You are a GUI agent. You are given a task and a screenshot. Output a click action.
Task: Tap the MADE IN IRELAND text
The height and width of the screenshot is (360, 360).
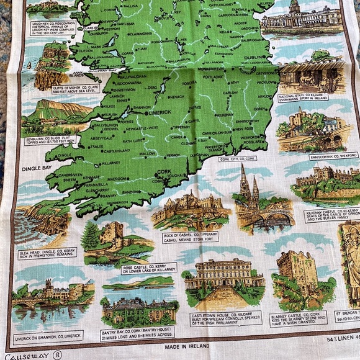pos(188,346)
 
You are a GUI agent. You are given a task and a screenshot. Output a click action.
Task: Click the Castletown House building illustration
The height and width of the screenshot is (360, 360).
pos(223,278)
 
